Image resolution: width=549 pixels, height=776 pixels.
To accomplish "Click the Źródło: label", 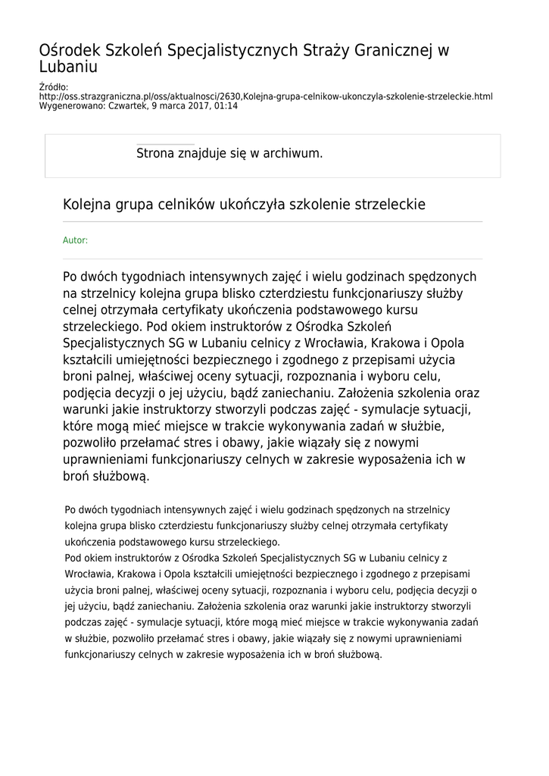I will click(x=53, y=88).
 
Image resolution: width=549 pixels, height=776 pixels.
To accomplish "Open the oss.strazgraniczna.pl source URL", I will click(x=265, y=97).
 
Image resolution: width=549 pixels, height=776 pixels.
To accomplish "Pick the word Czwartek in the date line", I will click(x=133, y=106).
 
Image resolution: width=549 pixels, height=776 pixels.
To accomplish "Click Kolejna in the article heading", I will click(x=87, y=205).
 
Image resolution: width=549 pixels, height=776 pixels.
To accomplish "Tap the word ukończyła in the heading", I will click(x=257, y=205).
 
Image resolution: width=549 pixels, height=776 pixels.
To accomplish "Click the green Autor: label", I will click(x=75, y=240).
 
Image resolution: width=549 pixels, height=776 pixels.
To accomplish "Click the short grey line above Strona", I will click(x=165, y=143).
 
